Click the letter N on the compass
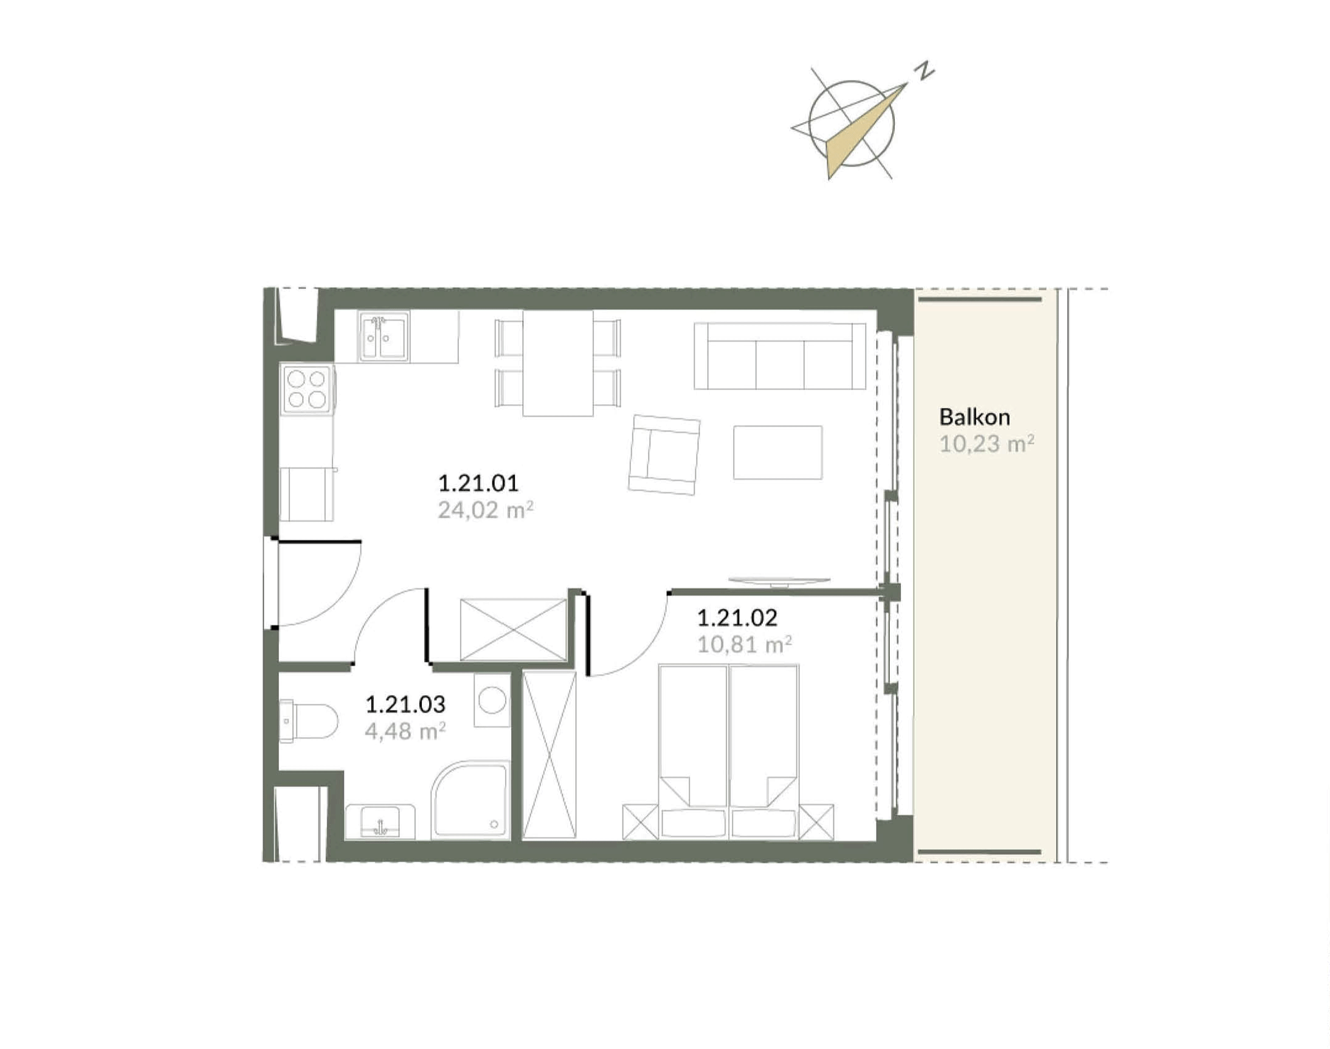(x=925, y=71)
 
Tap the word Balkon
(x=974, y=418)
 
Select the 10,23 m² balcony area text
(x=986, y=444)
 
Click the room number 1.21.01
(x=478, y=483)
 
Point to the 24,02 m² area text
(x=485, y=510)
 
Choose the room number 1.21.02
(x=737, y=617)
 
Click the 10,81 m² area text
(x=744, y=644)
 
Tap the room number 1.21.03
(x=405, y=704)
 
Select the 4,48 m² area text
(x=405, y=732)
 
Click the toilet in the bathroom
(x=308, y=720)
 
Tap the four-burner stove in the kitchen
(x=306, y=390)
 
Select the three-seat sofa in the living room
(x=779, y=356)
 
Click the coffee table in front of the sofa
(x=777, y=453)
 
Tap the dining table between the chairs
(x=558, y=363)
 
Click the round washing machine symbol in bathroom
(x=492, y=700)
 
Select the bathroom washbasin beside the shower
(x=381, y=822)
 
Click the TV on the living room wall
(x=779, y=580)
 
